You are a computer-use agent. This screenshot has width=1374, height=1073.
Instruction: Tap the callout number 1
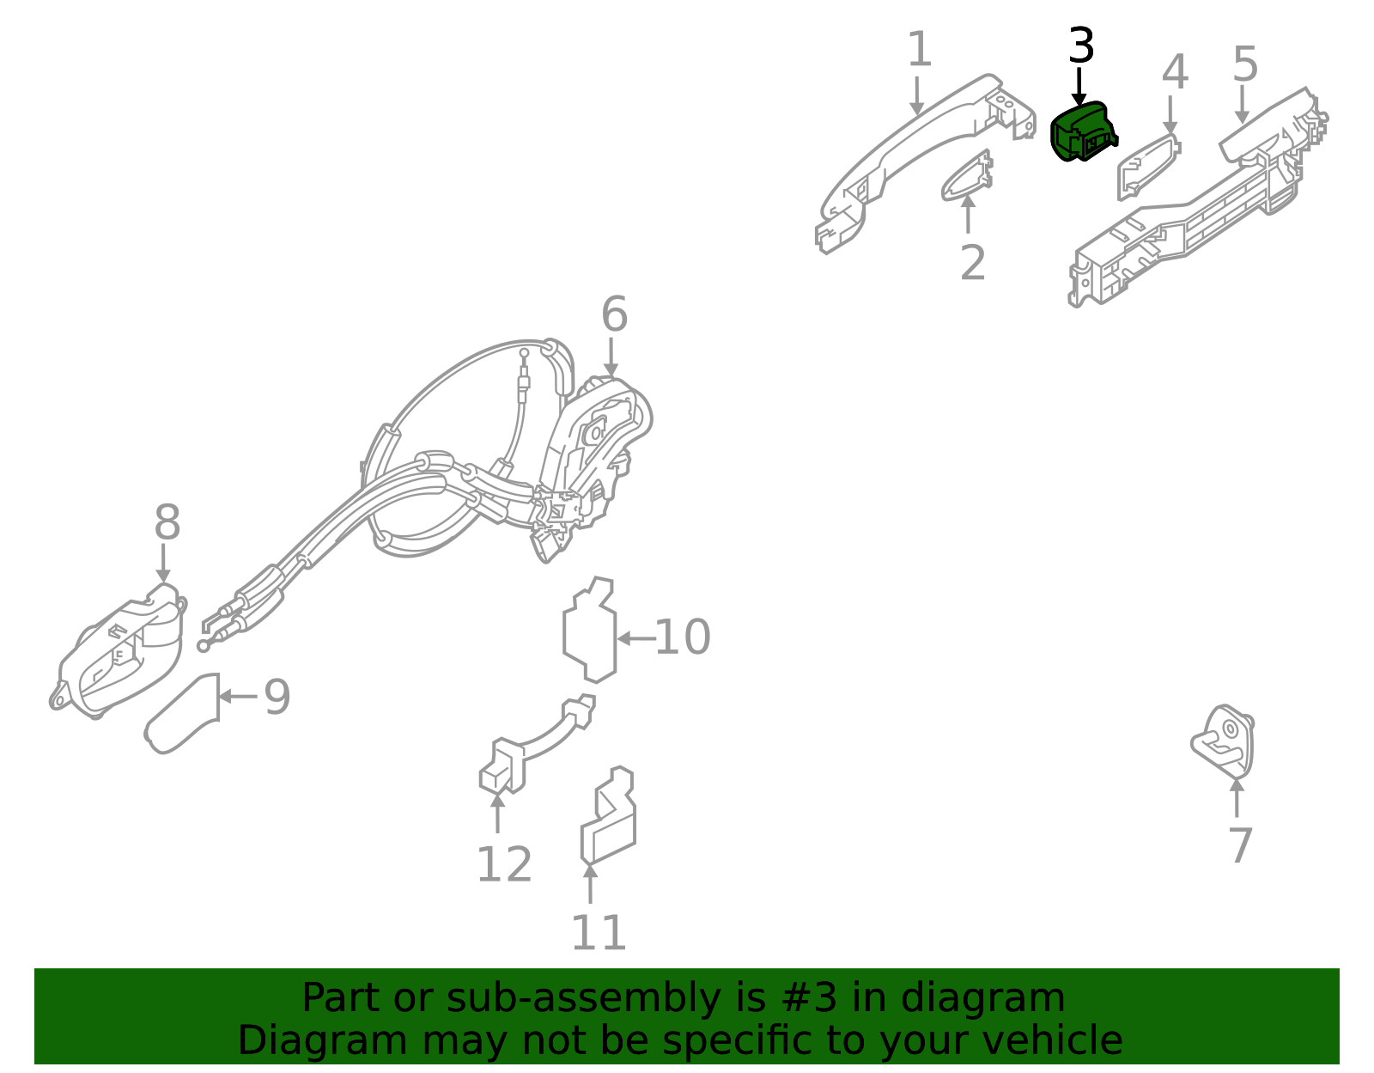pos(920,49)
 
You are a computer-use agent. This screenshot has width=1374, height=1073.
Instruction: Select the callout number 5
pos(1245,64)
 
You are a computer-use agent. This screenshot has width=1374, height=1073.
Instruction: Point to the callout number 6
pos(614,314)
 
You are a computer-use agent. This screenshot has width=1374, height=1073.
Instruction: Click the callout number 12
pos(503,864)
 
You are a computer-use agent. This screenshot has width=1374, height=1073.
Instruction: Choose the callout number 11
pos(599,933)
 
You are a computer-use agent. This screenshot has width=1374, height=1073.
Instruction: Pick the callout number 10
pos(682,637)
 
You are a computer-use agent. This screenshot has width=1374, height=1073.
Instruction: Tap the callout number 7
pos(1241,846)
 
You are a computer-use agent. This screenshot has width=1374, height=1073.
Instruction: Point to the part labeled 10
pos(589,630)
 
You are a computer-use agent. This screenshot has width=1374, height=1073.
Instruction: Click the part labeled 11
pos(608,815)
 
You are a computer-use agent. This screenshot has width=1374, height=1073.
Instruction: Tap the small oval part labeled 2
pos(967,176)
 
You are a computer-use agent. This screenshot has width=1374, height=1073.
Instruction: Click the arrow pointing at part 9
pos(238,696)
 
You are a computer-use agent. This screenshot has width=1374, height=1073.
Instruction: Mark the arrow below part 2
pos(968,214)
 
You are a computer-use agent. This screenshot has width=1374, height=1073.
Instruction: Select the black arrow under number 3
pos(1079,87)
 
